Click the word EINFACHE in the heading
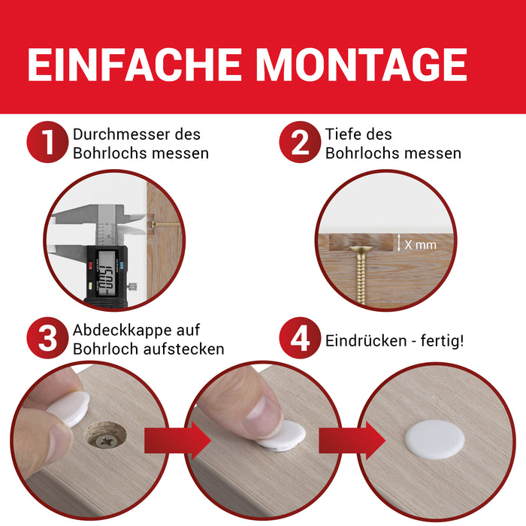pyautogui.click(x=135, y=64)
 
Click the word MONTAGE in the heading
pyautogui.click(x=361, y=64)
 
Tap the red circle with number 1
pyautogui.click(x=47, y=142)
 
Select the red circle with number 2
pyautogui.click(x=300, y=142)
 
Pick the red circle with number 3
pyautogui.click(x=47, y=338)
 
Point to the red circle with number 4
pyautogui.click(x=300, y=338)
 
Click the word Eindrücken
pyautogui.click(x=366, y=341)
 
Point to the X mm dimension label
pyautogui.click(x=420, y=244)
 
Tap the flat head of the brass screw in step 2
pyautogui.click(x=361, y=249)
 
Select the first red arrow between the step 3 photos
pyautogui.click(x=177, y=440)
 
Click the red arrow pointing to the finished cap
pyautogui.click(x=352, y=440)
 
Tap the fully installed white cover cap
pyautogui.click(x=435, y=440)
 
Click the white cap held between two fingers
pyautogui.click(x=70, y=408)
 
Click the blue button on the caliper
pyautogui.click(x=121, y=265)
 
